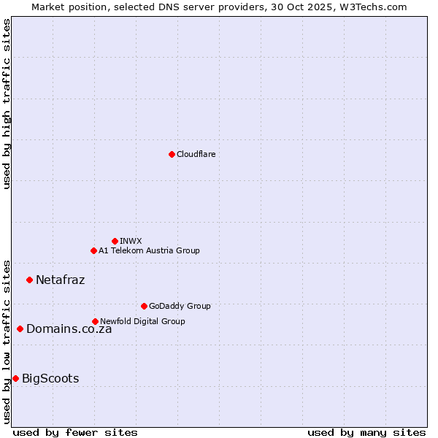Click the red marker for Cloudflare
pos(172,154)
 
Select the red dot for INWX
pos(115,241)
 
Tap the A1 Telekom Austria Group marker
pos(93,250)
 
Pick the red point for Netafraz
pos(29,280)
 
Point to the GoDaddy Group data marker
pos(144,306)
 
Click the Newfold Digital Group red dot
pos(95,321)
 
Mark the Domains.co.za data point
pos(20,328)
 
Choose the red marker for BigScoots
pos(15,378)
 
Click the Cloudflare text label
pos(196,154)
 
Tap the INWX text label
pos(131,241)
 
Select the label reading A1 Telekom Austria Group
pos(149,250)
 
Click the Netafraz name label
pos(60,280)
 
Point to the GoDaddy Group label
pos(180,306)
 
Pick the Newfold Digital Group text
pos(142,321)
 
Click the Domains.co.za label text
pos(69,328)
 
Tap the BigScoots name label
pos(50,378)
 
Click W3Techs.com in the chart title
pos(372,7)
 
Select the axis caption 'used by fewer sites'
pos(75,432)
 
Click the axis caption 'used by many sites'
pos(366,432)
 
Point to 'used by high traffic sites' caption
pos(7,104)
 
